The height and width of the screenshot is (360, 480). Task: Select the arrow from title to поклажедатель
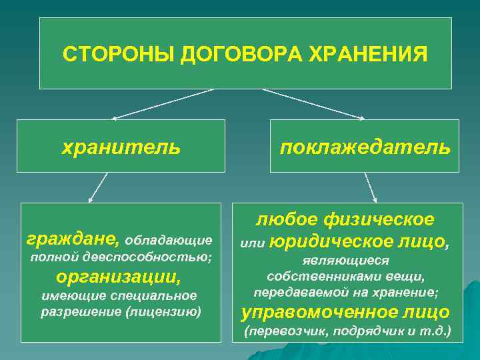[x=313, y=104]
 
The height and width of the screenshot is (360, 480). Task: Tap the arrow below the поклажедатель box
[x=368, y=187]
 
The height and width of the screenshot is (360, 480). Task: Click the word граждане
[x=73, y=238]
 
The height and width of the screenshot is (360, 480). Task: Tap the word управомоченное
[x=319, y=311]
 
